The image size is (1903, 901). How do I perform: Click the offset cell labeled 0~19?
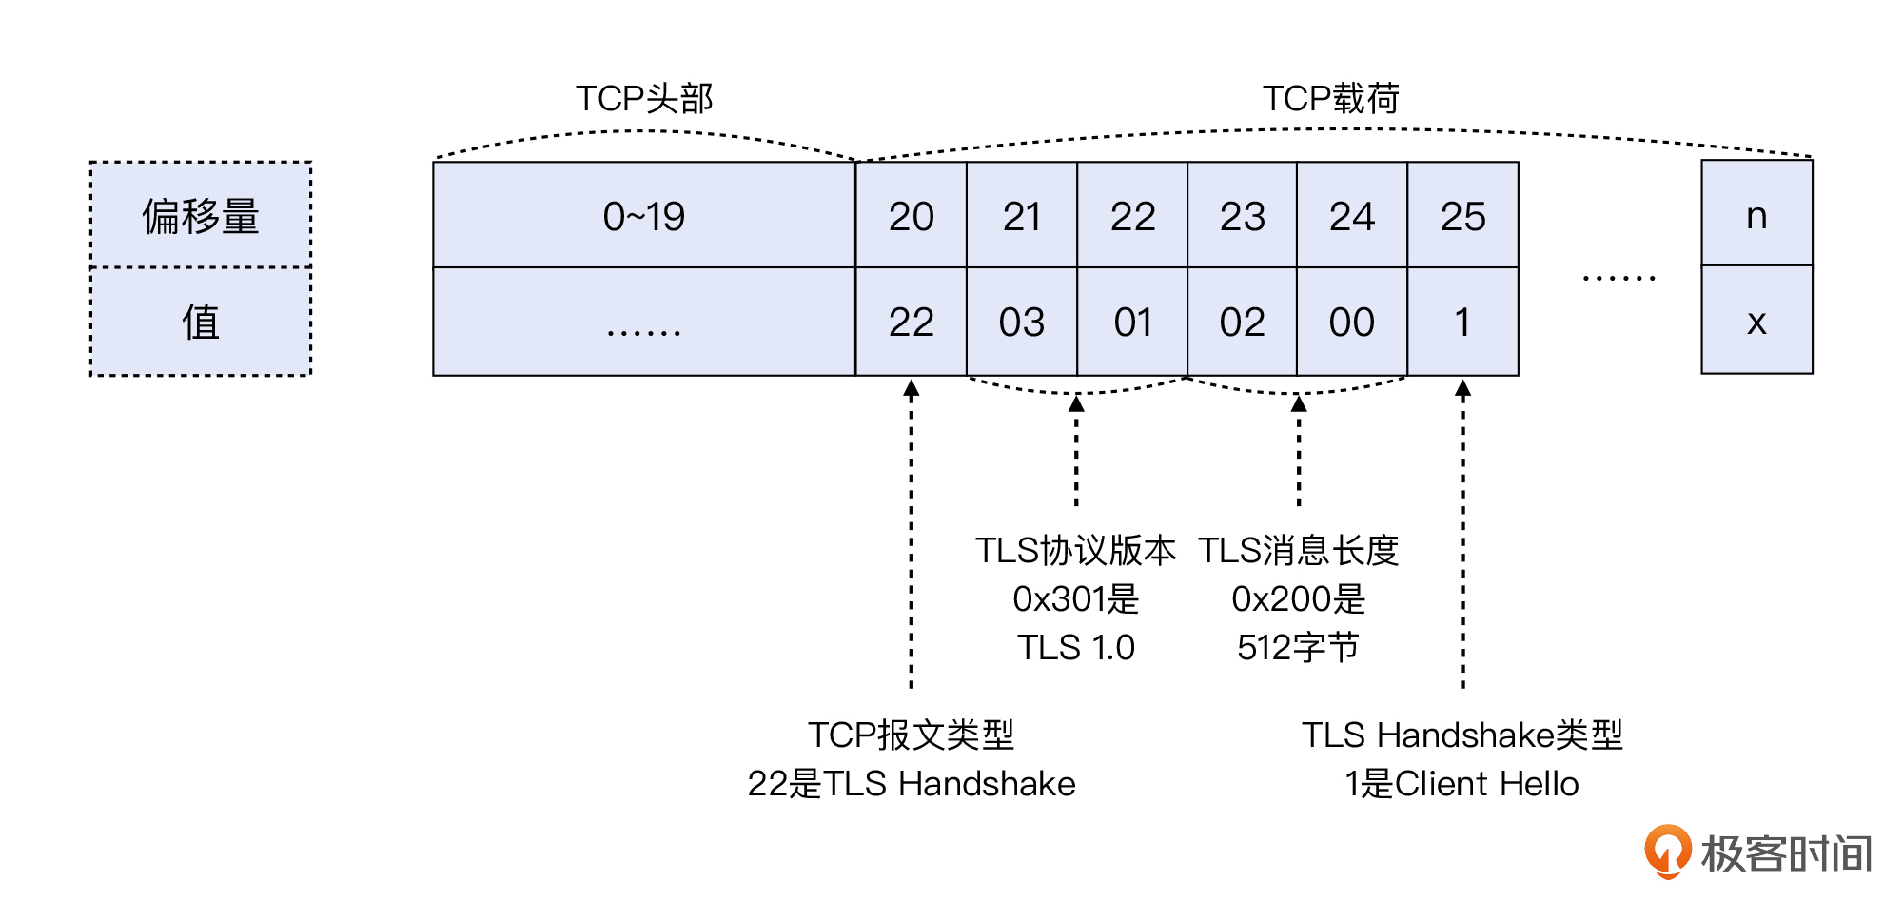[x=644, y=216]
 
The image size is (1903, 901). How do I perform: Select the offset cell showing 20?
[x=911, y=216]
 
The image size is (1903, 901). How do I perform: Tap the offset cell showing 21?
[x=1021, y=216]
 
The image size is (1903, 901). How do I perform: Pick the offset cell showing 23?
[x=1242, y=216]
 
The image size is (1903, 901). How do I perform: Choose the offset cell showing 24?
[x=1351, y=216]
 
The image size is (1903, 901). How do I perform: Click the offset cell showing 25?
[x=1462, y=216]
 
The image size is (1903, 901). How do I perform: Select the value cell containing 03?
[x=1021, y=322]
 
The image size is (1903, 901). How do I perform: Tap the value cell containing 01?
[x=1132, y=322]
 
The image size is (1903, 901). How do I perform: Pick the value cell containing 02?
[x=1242, y=322]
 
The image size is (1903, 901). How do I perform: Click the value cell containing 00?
[x=1351, y=322]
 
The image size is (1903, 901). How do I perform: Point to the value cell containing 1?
[x=1462, y=322]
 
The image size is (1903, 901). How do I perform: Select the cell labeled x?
[x=1756, y=321]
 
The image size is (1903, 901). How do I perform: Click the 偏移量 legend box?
[x=201, y=215]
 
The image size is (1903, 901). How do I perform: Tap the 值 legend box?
[x=201, y=322]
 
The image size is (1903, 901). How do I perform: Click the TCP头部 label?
[x=644, y=98]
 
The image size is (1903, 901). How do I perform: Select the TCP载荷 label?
[x=1330, y=98]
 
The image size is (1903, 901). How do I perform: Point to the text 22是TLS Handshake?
[x=911, y=783]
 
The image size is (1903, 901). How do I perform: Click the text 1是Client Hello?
[x=1462, y=783]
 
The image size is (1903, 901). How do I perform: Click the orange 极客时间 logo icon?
[x=1667, y=851]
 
